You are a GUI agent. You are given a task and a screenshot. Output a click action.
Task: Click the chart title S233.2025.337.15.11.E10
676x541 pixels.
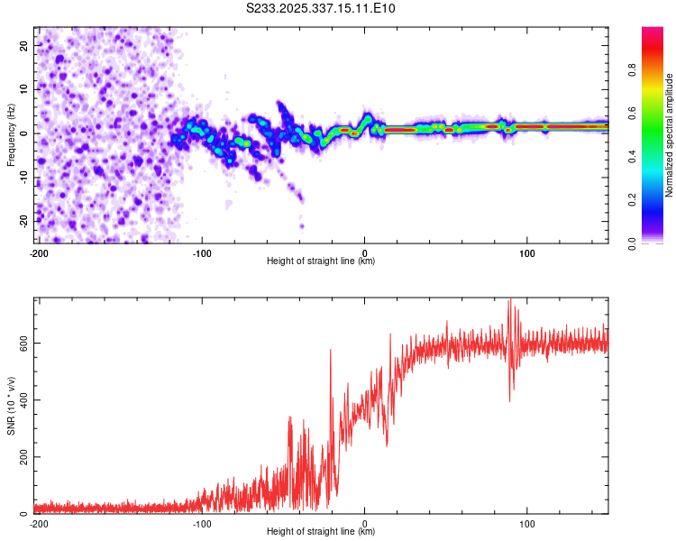click(321, 8)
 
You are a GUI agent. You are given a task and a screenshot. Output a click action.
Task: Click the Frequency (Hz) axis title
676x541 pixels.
click(11, 134)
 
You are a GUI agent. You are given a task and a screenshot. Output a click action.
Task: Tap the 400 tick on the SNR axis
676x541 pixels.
click(22, 399)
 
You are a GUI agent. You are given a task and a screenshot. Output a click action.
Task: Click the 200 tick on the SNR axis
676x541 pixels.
click(22, 457)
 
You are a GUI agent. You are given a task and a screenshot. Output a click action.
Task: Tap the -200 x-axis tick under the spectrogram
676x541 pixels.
click(39, 252)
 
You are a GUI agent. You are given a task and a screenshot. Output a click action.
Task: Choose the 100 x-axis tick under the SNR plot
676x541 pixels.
click(528, 523)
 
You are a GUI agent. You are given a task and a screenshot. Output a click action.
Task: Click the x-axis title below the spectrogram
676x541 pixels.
click(321, 261)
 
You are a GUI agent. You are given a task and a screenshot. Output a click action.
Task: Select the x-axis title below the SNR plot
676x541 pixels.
click(321, 533)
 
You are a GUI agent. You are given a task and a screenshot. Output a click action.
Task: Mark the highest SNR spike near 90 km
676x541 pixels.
click(510, 300)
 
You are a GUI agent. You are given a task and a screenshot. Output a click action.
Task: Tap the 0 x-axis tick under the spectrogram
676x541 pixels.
click(365, 252)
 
